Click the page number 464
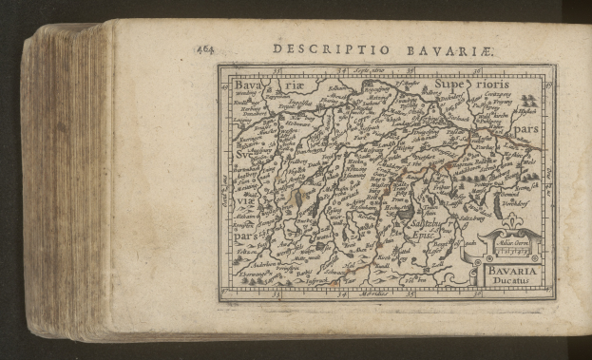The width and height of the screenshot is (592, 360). click(205, 47)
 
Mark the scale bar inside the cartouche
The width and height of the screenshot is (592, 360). click(510, 253)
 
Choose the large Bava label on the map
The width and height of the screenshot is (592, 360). click(249, 85)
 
